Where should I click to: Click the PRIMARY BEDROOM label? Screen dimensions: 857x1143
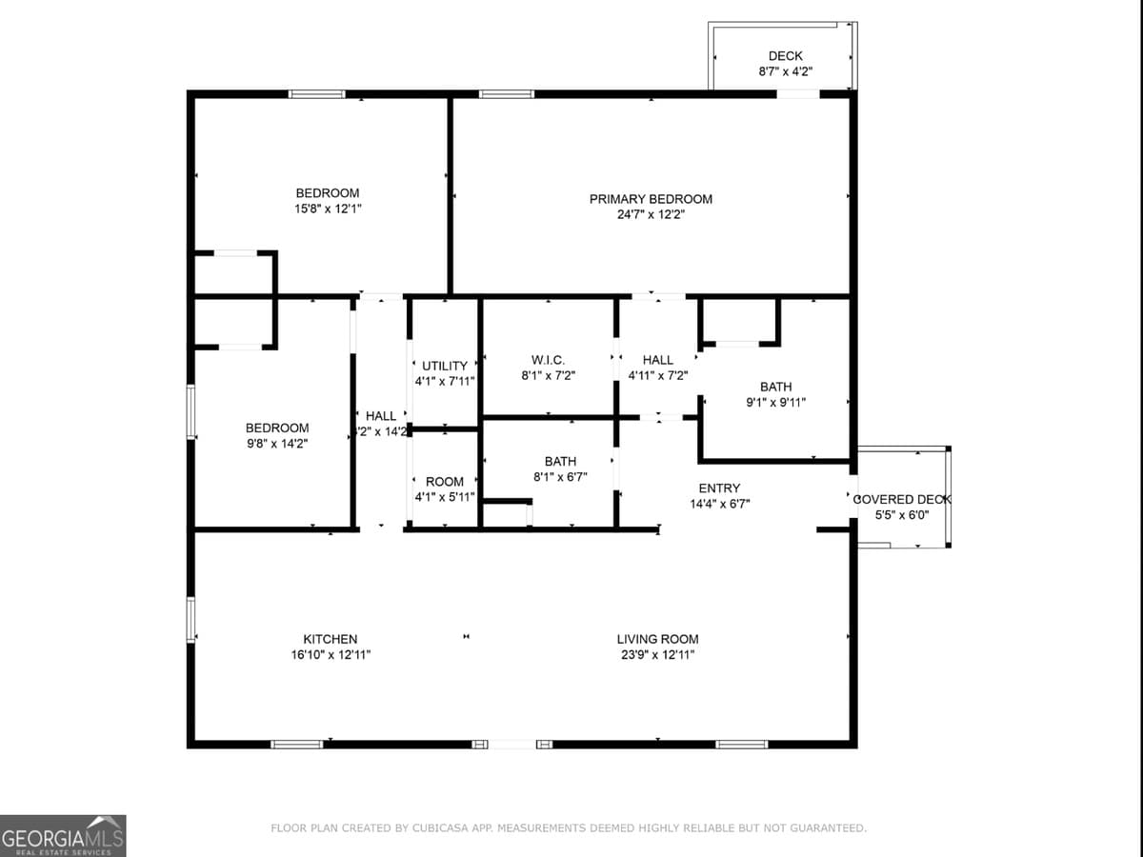(x=651, y=199)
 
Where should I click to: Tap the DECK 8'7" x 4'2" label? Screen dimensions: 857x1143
(x=785, y=57)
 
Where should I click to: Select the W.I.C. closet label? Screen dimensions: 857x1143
(x=548, y=360)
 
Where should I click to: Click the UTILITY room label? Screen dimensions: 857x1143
(x=445, y=366)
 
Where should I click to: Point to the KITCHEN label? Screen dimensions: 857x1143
(x=331, y=639)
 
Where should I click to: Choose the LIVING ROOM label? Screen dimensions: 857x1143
(x=657, y=639)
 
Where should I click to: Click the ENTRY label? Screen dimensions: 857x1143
(x=719, y=488)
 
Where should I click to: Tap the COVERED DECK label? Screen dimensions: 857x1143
(x=901, y=499)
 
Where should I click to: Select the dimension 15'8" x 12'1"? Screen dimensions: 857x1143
(x=328, y=208)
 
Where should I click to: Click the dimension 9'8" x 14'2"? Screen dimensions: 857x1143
(x=276, y=443)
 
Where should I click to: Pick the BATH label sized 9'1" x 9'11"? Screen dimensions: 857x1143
(x=775, y=387)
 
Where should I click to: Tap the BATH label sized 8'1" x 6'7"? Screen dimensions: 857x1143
(x=560, y=462)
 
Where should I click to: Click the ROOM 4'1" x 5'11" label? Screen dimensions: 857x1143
(x=445, y=482)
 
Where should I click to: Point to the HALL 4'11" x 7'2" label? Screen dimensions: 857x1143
(x=657, y=360)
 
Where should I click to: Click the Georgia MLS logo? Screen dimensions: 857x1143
(x=63, y=835)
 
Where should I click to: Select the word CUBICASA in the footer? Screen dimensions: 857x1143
(x=440, y=828)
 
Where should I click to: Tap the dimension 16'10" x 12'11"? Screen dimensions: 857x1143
(x=331, y=655)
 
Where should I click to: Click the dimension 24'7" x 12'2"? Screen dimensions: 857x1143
(x=651, y=215)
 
